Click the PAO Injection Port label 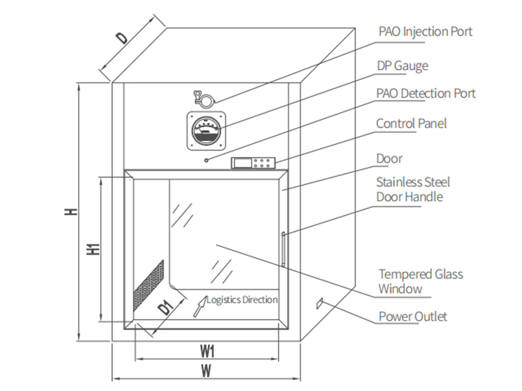coord(425,31)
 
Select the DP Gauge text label coord(402,66)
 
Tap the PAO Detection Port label coord(425,93)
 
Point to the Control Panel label coord(411,124)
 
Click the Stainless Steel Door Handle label coord(412,189)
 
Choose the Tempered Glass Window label coord(420,281)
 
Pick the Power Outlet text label coord(412,316)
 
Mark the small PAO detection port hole coord(207,160)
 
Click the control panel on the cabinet coord(253,163)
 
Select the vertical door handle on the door coord(283,249)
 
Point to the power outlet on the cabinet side coord(320,302)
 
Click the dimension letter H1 coord(92,249)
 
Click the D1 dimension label coord(166,308)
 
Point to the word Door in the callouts coord(389,158)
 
